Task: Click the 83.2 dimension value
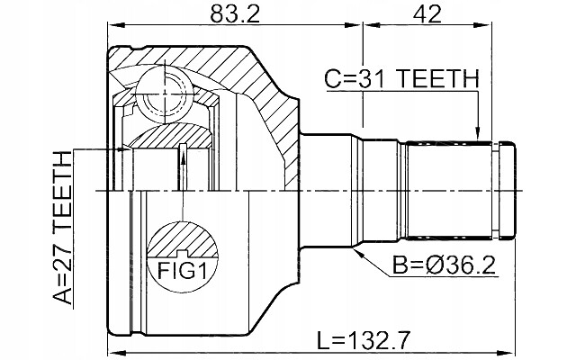(235, 14)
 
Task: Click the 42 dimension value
(427, 14)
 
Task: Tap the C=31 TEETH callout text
(402, 79)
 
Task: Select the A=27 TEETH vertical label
(62, 228)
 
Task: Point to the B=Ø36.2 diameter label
(444, 265)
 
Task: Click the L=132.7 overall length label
(363, 340)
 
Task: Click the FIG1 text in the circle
(182, 271)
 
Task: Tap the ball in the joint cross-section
(165, 94)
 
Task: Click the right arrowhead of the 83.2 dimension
(354, 25)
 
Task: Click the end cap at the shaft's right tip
(507, 191)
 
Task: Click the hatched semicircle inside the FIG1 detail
(183, 239)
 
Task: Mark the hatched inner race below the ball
(170, 136)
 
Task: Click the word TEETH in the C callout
(438, 79)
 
